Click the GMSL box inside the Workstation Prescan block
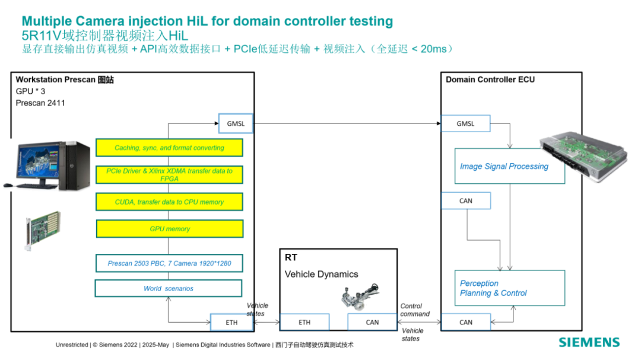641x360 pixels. tap(236, 123)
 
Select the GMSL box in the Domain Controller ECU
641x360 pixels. tap(466, 123)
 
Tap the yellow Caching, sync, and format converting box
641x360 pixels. tap(169, 148)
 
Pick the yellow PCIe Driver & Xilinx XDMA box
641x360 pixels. tap(169, 175)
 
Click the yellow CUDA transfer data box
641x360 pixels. tap(169, 202)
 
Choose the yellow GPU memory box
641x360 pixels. tap(170, 229)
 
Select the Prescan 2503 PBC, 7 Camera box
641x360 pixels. tap(169, 263)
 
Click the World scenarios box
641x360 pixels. tap(169, 288)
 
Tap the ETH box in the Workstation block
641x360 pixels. tap(232, 323)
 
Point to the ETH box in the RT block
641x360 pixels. tap(304, 323)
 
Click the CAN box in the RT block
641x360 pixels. tap(372, 323)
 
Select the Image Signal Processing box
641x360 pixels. tap(510, 166)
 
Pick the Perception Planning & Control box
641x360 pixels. tap(510, 288)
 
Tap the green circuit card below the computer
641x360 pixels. tap(43, 230)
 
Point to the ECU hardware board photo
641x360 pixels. tap(583, 155)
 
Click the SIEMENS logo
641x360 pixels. tap(589, 342)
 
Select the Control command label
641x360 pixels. tap(415, 310)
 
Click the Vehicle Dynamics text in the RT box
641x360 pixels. tap(321, 274)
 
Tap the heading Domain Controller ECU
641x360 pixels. tap(490, 79)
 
